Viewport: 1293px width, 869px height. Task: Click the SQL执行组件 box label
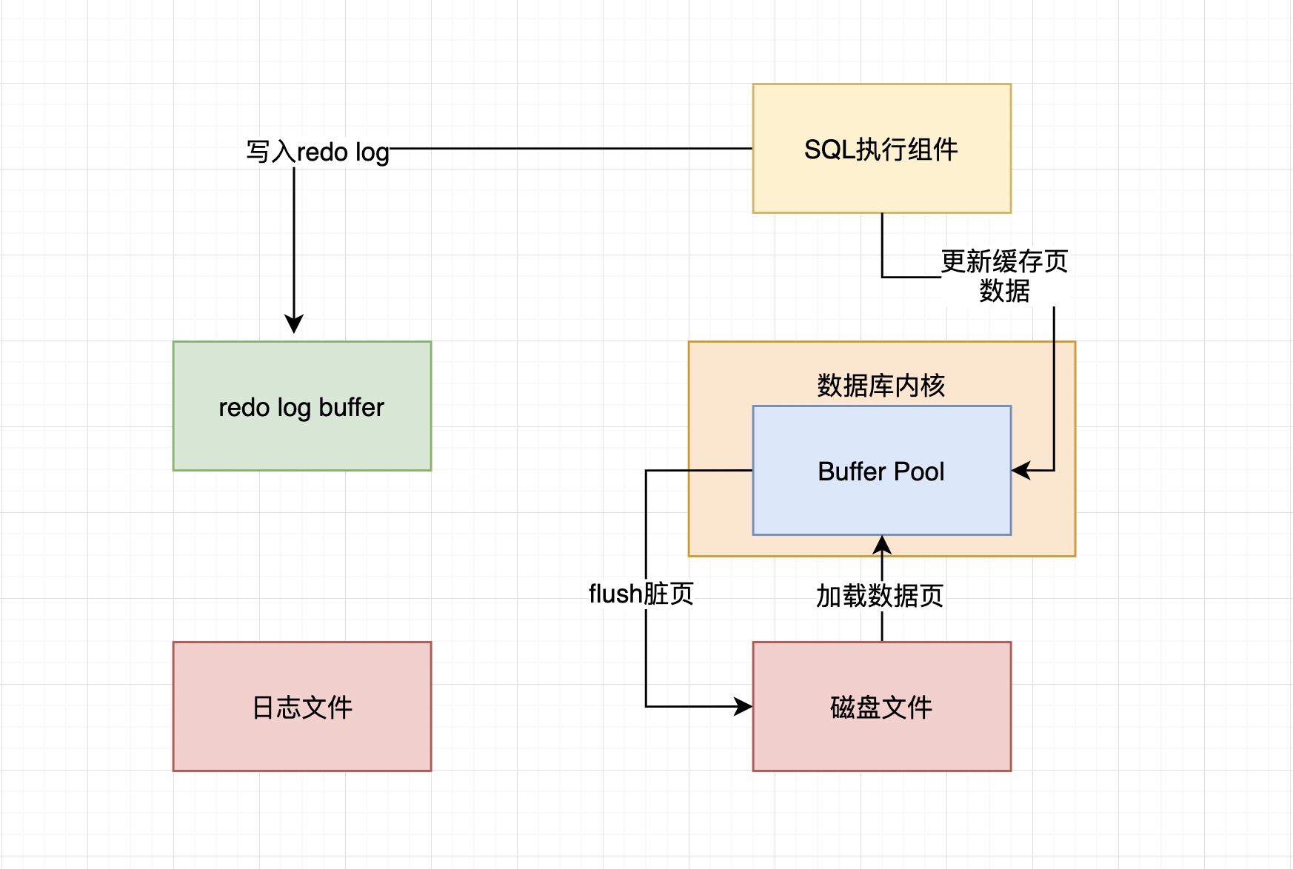point(881,150)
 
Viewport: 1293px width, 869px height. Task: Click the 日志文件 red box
point(301,708)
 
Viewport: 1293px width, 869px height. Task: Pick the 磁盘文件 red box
point(881,708)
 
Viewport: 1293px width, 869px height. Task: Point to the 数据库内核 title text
point(881,385)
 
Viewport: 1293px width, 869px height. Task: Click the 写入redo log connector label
point(318,152)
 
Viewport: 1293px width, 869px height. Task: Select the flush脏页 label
point(641,594)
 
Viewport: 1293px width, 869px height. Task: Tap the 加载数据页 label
point(880,595)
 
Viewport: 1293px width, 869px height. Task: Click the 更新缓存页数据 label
point(1004,275)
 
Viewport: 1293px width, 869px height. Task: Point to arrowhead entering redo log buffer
point(294,325)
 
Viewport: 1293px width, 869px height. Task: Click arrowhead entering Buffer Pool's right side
point(1020,470)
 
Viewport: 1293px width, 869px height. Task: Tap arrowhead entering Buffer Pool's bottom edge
point(882,544)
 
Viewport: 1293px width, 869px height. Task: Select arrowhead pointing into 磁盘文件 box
point(744,706)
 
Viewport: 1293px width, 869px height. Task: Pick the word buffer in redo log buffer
point(351,407)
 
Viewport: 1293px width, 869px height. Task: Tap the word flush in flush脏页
point(615,594)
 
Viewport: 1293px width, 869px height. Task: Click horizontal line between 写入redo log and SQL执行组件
point(570,148)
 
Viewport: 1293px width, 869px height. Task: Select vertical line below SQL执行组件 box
point(882,244)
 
